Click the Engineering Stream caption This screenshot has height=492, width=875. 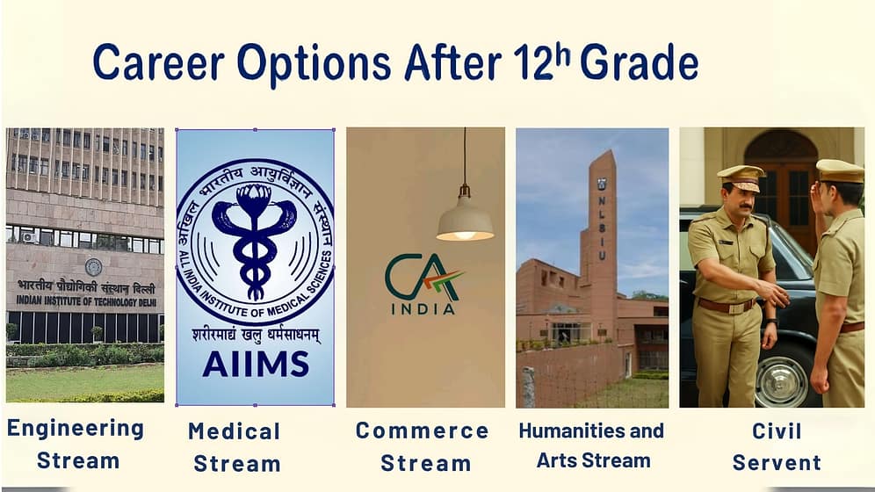click(76, 445)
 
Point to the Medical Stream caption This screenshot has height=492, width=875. click(235, 446)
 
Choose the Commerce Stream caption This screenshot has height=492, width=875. click(423, 445)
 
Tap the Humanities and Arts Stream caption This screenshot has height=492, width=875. click(592, 445)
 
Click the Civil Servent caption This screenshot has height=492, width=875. click(777, 446)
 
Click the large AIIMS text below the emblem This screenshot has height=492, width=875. click(255, 363)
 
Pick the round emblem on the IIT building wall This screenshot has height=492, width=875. click(93, 266)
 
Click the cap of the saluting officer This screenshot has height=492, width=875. click(840, 170)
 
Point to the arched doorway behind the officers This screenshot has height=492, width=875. click(778, 168)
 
